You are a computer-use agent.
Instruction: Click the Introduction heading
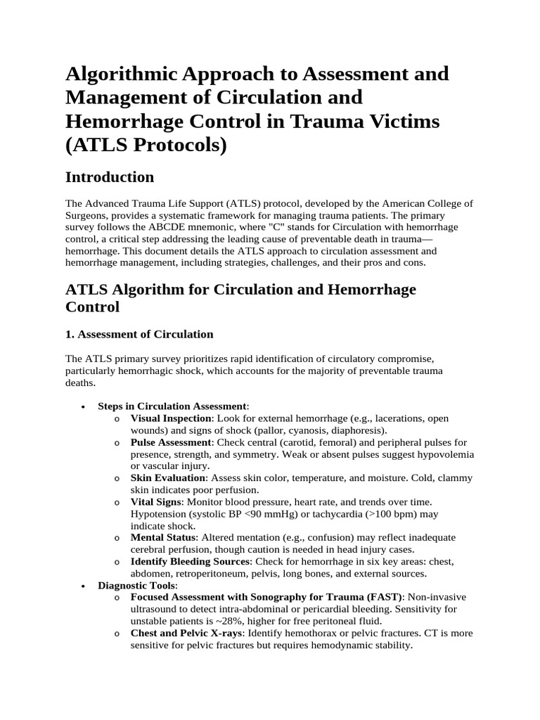click(109, 176)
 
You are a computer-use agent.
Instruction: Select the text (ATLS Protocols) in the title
click(146, 145)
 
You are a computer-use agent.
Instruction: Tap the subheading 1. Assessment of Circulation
click(139, 334)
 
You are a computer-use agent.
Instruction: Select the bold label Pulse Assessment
click(171, 442)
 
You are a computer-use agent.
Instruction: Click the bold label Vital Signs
click(156, 502)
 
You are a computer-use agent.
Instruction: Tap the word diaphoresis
click(356, 430)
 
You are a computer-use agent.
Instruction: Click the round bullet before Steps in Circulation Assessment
click(84, 407)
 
